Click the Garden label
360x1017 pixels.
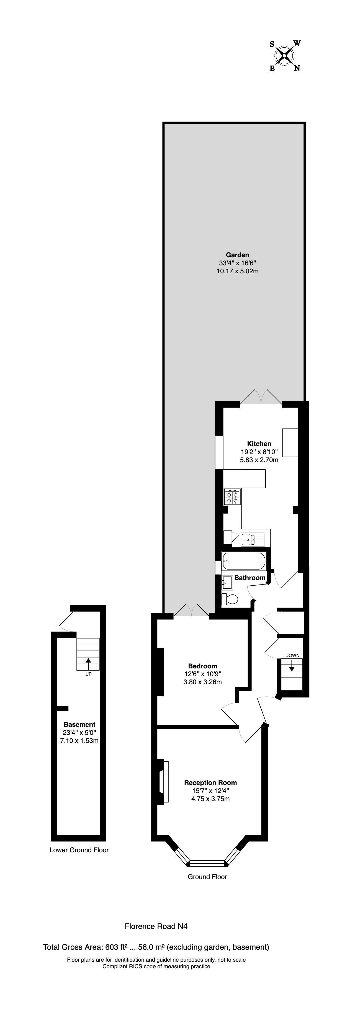pyautogui.click(x=237, y=255)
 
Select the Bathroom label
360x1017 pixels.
pyautogui.click(x=250, y=578)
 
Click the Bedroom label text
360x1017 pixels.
pyautogui.click(x=202, y=666)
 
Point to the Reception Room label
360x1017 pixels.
pyautogui.click(x=210, y=782)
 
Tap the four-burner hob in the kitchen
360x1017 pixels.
pyautogui.click(x=232, y=497)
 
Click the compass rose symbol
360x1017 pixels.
pyautogui.click(x=284, y=56)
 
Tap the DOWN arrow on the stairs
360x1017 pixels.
pyautogui.click(x=292, y=667)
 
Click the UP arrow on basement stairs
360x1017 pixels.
pyautogui.click(x=88, y=662)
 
